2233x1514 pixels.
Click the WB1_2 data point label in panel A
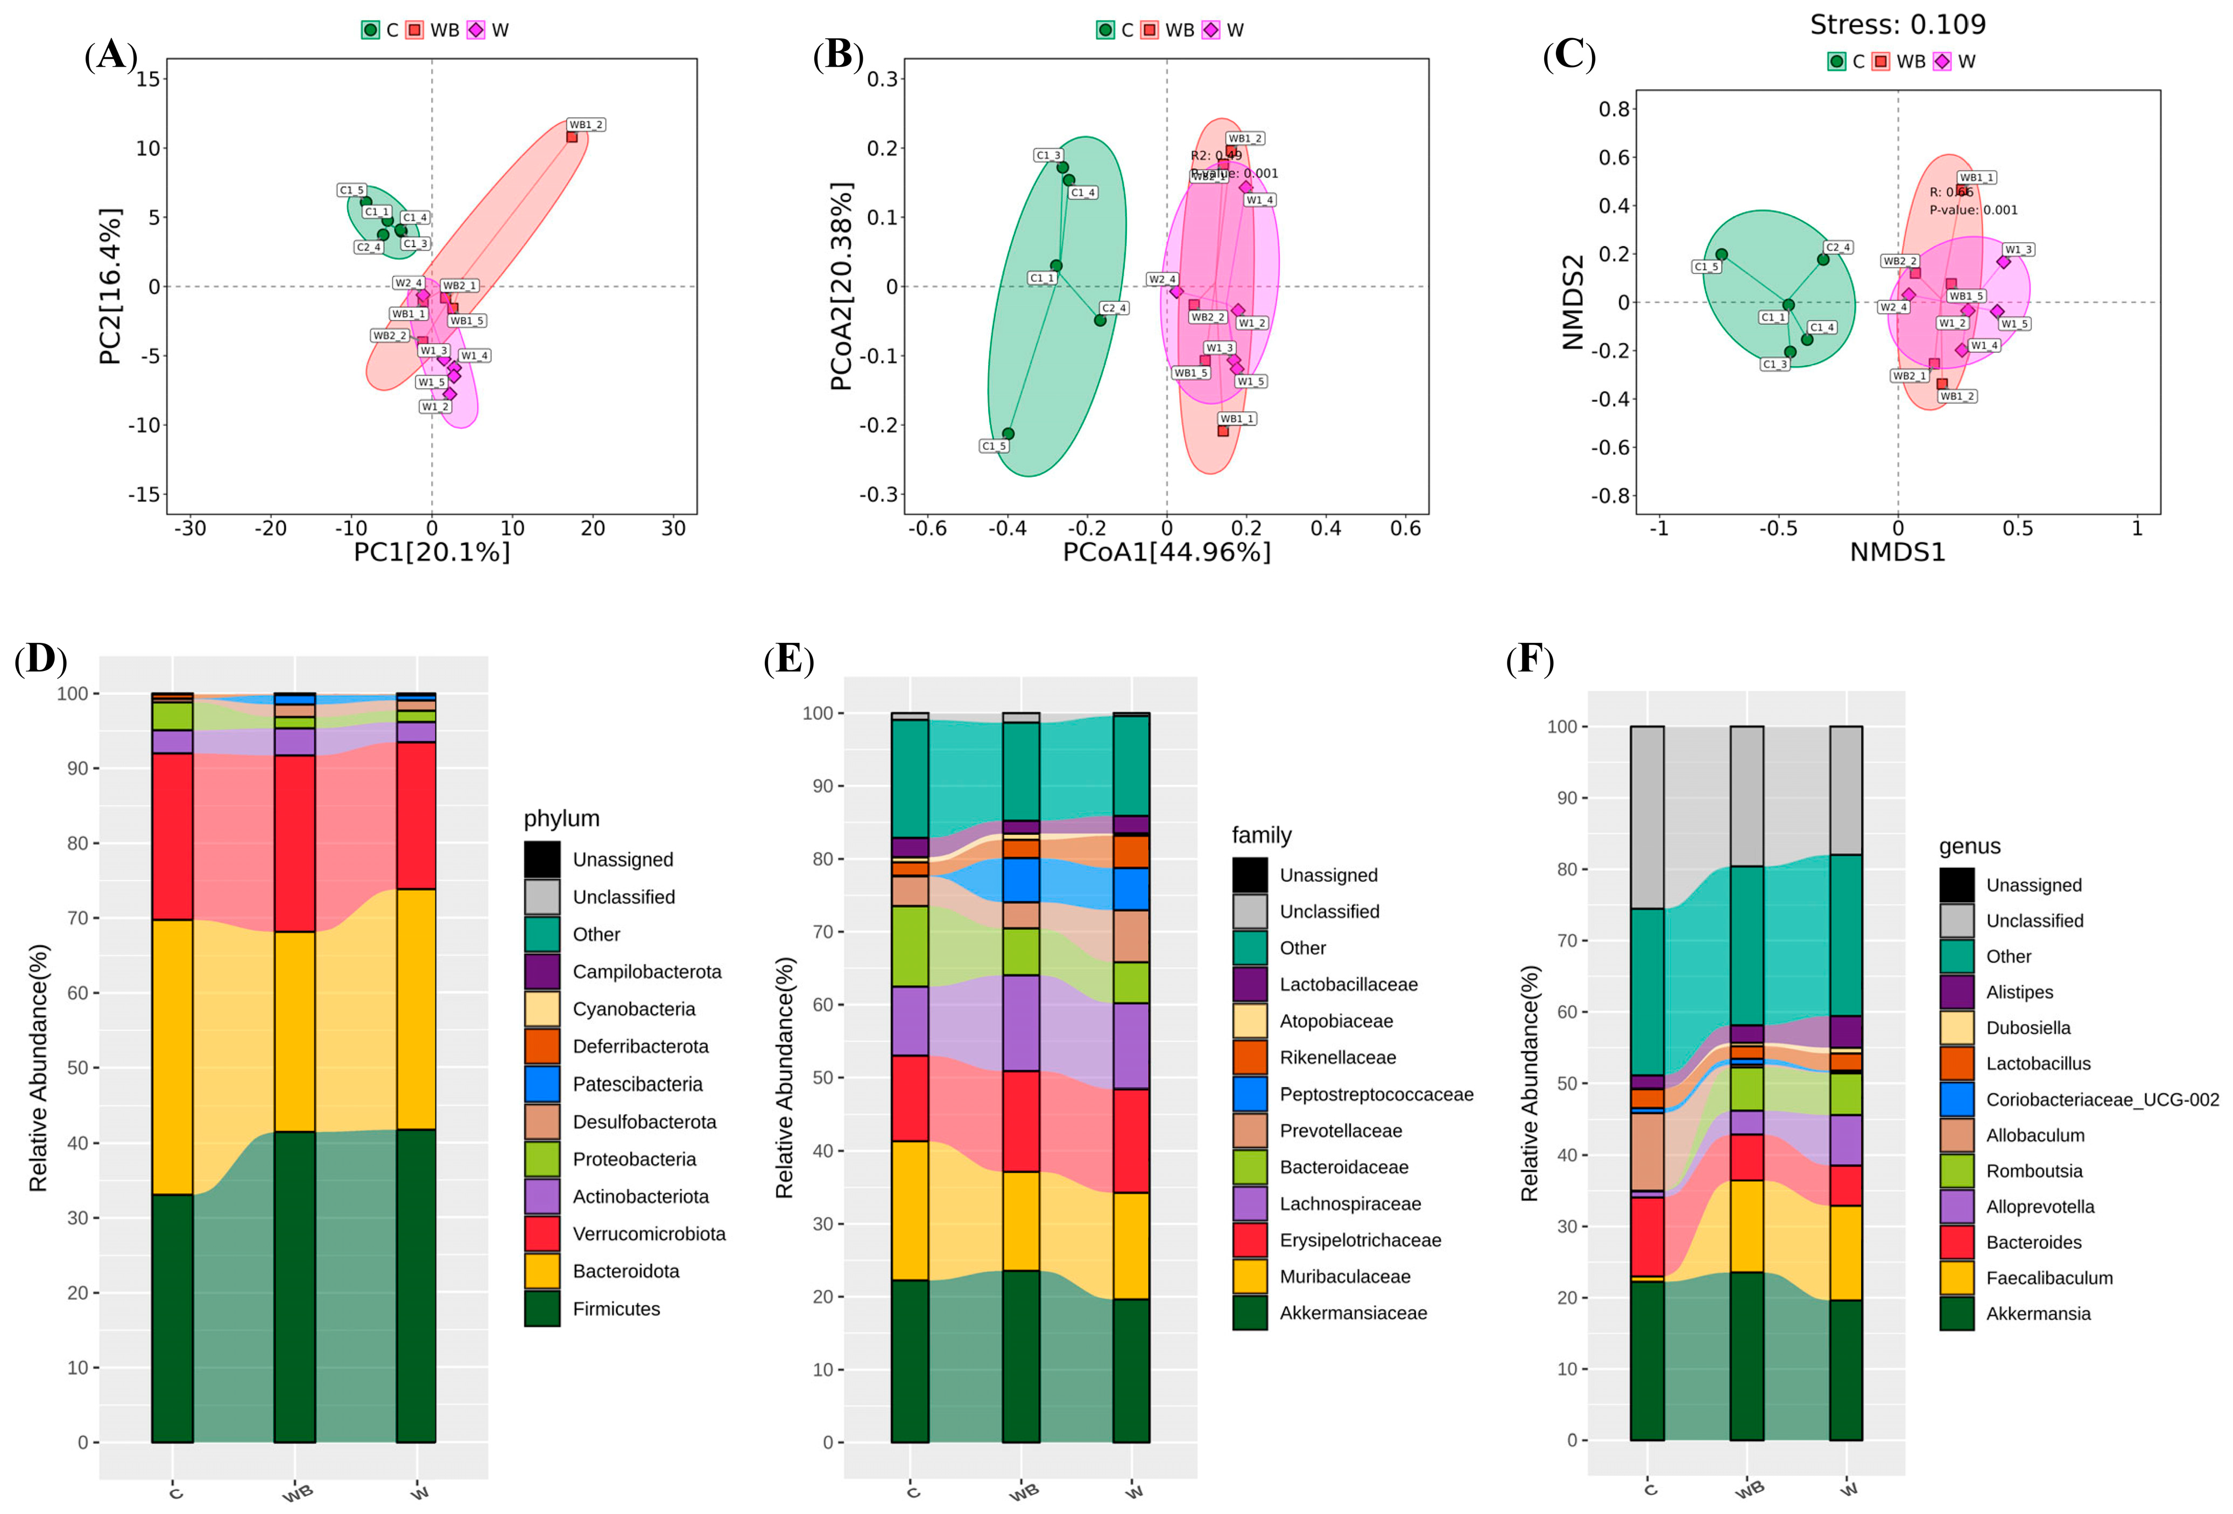pyautogui.click(x=585, y=125)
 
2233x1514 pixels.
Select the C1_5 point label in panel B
pyautogui.click(x=994, y=445)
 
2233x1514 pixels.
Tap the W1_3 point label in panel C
pyautogui.click(x=2018, y=250)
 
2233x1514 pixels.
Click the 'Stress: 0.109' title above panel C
pyautogui.click(x=1898, y=24)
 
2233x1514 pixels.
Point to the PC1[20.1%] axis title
pyautogui.click(x=432, y=553)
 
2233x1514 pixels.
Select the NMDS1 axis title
pyautogui.click(x=1898, y=553)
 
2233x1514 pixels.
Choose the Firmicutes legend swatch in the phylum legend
pyautogui.click(x=542, y=1308)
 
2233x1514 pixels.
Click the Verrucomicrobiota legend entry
pyautogui.click(x=649, y=1234)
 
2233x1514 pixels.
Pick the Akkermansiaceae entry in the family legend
pyautogui.click(x=1353, y=1313)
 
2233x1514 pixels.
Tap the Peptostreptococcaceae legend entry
pyautogui.click(x=1376, y=1094)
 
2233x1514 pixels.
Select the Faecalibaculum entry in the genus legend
pyautogui.click(x=2049, y=1278)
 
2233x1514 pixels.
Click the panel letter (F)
pyautogui.click(x=1528, y=660)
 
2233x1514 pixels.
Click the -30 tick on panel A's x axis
pyautogui.click(x=189, y=528)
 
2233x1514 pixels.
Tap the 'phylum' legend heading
pyautogui.click(x=561, y=818)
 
